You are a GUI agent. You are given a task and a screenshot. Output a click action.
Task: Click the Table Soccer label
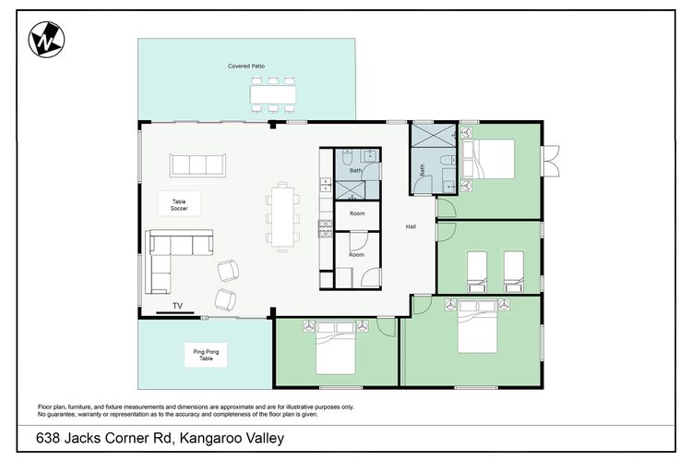[179, 205]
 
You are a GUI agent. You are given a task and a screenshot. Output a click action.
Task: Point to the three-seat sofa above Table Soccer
[197, 165]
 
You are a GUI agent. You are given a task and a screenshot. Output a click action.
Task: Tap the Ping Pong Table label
[206, 355]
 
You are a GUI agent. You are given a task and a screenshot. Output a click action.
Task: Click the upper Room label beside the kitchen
[356, 213]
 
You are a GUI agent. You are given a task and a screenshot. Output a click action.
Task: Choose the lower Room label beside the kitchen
[356, 254]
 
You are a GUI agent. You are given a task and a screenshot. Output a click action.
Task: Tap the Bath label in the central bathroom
[355, 171]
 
